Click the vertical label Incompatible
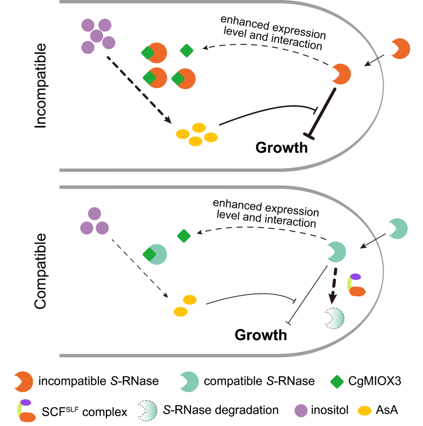(x=41, y=86)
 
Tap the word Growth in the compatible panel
(x=261, y=335)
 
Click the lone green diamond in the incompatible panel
(x=187, y=50)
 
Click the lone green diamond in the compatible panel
(x=184, y=236)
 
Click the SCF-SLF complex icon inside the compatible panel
(x=356, y=285)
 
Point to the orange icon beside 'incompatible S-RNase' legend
(x=24, y=381)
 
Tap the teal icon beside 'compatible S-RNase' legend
(x=189, y=381)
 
